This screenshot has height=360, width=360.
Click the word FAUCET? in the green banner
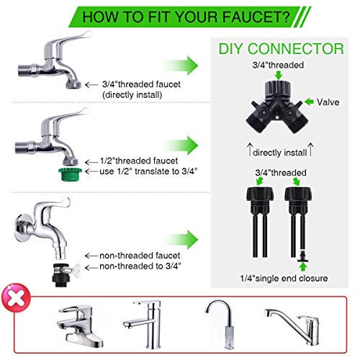(256, 17)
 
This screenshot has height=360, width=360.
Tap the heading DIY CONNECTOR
(282, 49)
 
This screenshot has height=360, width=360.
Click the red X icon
(16, 298)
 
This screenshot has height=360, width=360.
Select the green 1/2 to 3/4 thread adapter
(70, 174)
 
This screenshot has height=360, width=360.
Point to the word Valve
(328, 102)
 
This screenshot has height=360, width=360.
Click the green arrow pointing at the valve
(309, 102)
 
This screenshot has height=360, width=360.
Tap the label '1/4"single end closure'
(284, 279)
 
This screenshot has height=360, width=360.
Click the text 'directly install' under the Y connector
(280, 153)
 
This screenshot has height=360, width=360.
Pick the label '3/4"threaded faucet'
(141, 84)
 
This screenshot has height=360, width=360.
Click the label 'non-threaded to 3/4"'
(140, 266)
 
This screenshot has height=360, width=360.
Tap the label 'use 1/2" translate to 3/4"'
(148, 171)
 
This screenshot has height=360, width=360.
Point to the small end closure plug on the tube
(302, 256)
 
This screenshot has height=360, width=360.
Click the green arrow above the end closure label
(303, 267)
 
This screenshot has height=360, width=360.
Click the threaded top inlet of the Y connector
(278, 89)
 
